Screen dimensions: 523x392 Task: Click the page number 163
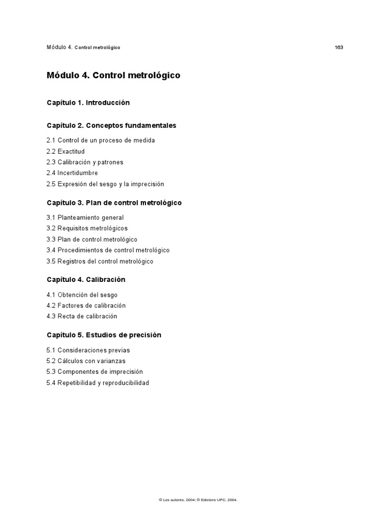pyautogui.click(x=339, y=47)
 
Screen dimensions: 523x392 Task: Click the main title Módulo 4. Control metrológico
pyautogui.click(x=113, y=76)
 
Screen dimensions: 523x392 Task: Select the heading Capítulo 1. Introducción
pyautogui.click(x=88, y=103)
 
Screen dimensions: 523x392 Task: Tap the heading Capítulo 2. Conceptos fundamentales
pyautogui.click(x=111, y=125)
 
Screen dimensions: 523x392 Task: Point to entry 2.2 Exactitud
pyautogui.click(x=65, y=152)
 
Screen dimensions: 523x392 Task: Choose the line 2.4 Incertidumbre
pyautogui.click(x=72, y=173)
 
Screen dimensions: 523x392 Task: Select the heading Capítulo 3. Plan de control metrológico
pyautogui.click(x=114, y=203)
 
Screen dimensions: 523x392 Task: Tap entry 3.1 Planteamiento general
pyautogui.click(x=85, y=218)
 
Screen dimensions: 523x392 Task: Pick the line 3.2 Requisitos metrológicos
pyautogui.click(x=87, y=228)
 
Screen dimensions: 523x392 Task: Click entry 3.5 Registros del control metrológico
pyautogui.click(x=100, y=261)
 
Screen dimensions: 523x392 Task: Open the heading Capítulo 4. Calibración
pyautogui.click(x=86, y=280)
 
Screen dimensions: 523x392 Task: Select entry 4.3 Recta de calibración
pyautogui.click(x=82, y=316)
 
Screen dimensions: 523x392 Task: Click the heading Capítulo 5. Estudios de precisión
pyautogui.click(x=104, y=335)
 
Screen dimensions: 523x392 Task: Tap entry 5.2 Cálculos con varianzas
pyautogui.click(x=85, y=361)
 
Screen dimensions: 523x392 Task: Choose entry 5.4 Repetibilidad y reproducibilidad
pyautogui.click(x=97, y=383)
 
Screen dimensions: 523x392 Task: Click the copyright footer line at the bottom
pyautogui.click(x=198, y=500)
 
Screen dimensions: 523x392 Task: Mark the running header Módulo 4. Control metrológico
pyautogui.click(x=83, y=47)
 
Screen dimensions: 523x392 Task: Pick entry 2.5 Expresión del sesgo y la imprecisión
pyautogui.click(x=105, y=184)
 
